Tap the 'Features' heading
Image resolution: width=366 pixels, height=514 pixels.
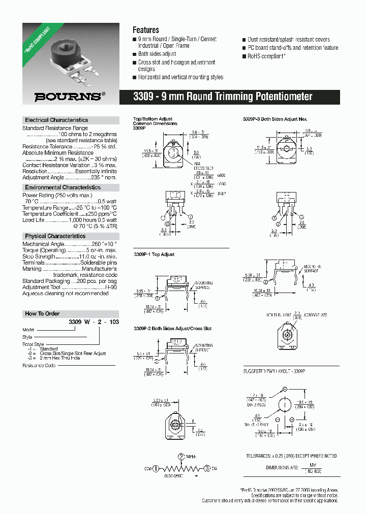coord(146,30)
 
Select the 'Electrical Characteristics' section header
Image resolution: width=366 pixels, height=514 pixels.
coord(56,120)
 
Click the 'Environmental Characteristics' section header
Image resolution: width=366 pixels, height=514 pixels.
coord(63,187)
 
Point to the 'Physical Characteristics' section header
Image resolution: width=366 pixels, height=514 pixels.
coord(55,236)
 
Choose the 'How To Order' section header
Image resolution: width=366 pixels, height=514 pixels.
coord(42,313)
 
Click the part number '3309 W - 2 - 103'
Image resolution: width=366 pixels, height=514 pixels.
coord(94,322)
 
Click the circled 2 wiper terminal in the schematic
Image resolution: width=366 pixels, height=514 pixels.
coord(181,456)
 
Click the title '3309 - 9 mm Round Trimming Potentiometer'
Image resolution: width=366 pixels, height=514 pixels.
coord(223,97)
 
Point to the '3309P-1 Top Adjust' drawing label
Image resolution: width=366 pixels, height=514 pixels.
coord(154,254)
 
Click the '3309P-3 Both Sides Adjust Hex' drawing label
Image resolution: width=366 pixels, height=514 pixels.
coord(274,119)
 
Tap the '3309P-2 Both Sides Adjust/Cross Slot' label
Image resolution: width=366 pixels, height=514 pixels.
coord(172,329)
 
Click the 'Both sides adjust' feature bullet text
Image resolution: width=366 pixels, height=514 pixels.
coord(157,54)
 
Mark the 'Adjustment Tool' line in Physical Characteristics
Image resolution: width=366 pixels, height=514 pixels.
coord(69,287)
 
